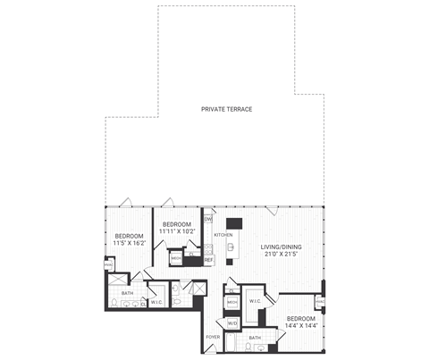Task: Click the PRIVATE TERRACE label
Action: pyautogui.click(x=227, y=109)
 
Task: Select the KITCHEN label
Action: pyautogui.click(x=223, y=235)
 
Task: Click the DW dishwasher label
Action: pyautogui.click(x=208, y=219)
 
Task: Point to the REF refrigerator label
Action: pyautogui.click(x=208, y=260)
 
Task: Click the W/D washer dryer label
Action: pyautogui.click(x=232, y=323)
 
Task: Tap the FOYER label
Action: pyautogui.click(x=212, y=338)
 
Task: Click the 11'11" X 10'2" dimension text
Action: pyautogui.click(x=176, y=231)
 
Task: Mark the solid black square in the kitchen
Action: pyautogui.click(x=234, y=224)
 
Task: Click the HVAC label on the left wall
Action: pyautogui.click(x=108, y=264)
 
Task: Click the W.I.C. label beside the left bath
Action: pyautogui.click(x=156, y=302)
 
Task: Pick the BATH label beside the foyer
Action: pyautogui.click(x=255, y=338)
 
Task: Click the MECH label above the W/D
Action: pyautogui.click(x=231, y=302)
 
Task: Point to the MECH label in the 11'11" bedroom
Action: pyautogui.click(x=176, y=260)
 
